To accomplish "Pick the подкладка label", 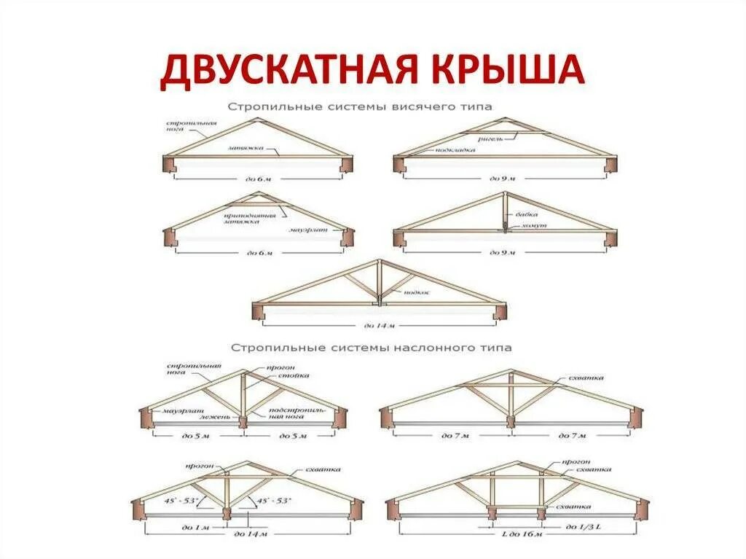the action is tap(456, 150).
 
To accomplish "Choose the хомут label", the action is tap(530, 227).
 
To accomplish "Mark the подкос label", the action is tap(416, 292).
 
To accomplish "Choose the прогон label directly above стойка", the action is tap(280, 367).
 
